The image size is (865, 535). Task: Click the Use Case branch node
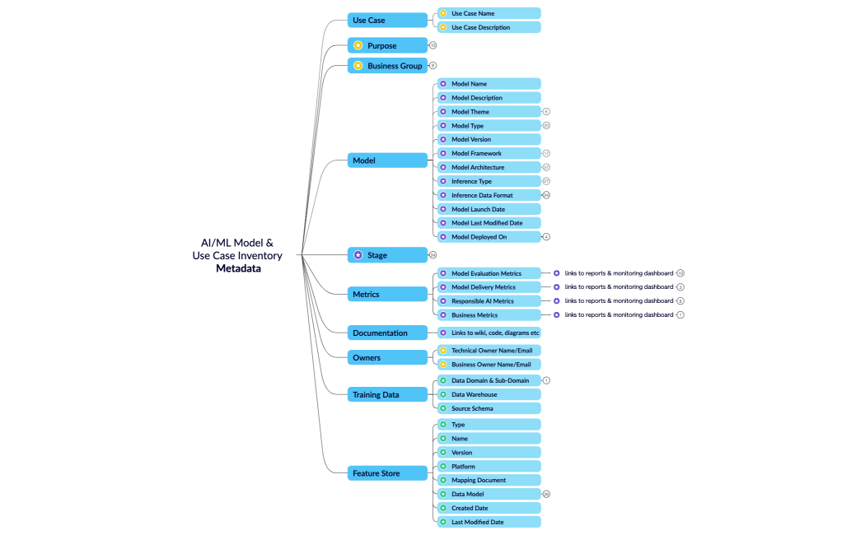coord(387,20)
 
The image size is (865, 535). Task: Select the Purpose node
coord(387,45)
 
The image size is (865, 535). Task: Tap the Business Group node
coord(387,66)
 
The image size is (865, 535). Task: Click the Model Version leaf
coord(489,139)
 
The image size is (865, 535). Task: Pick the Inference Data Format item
coord(489,195)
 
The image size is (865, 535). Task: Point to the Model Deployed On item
coord(489,237)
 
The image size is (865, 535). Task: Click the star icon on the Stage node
coord(358,255)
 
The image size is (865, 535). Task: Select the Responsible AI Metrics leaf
coord(489,301)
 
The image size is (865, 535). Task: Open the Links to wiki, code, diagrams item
coord(489,333)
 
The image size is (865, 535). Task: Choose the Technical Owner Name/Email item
coord(489,351)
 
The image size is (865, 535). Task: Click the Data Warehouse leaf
coord(489,394)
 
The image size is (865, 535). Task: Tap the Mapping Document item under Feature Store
coord(489,480)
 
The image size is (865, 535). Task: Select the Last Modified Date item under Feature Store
coord(489,522)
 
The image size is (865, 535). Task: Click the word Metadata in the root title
coord(238,268)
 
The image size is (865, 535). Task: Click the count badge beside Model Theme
coord(546,111)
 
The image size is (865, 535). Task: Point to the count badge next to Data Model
coord(546,494)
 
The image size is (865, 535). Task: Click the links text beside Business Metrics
coord(619,314)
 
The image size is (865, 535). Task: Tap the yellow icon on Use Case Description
coord(443,27)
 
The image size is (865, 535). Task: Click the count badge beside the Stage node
coord(433,255)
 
